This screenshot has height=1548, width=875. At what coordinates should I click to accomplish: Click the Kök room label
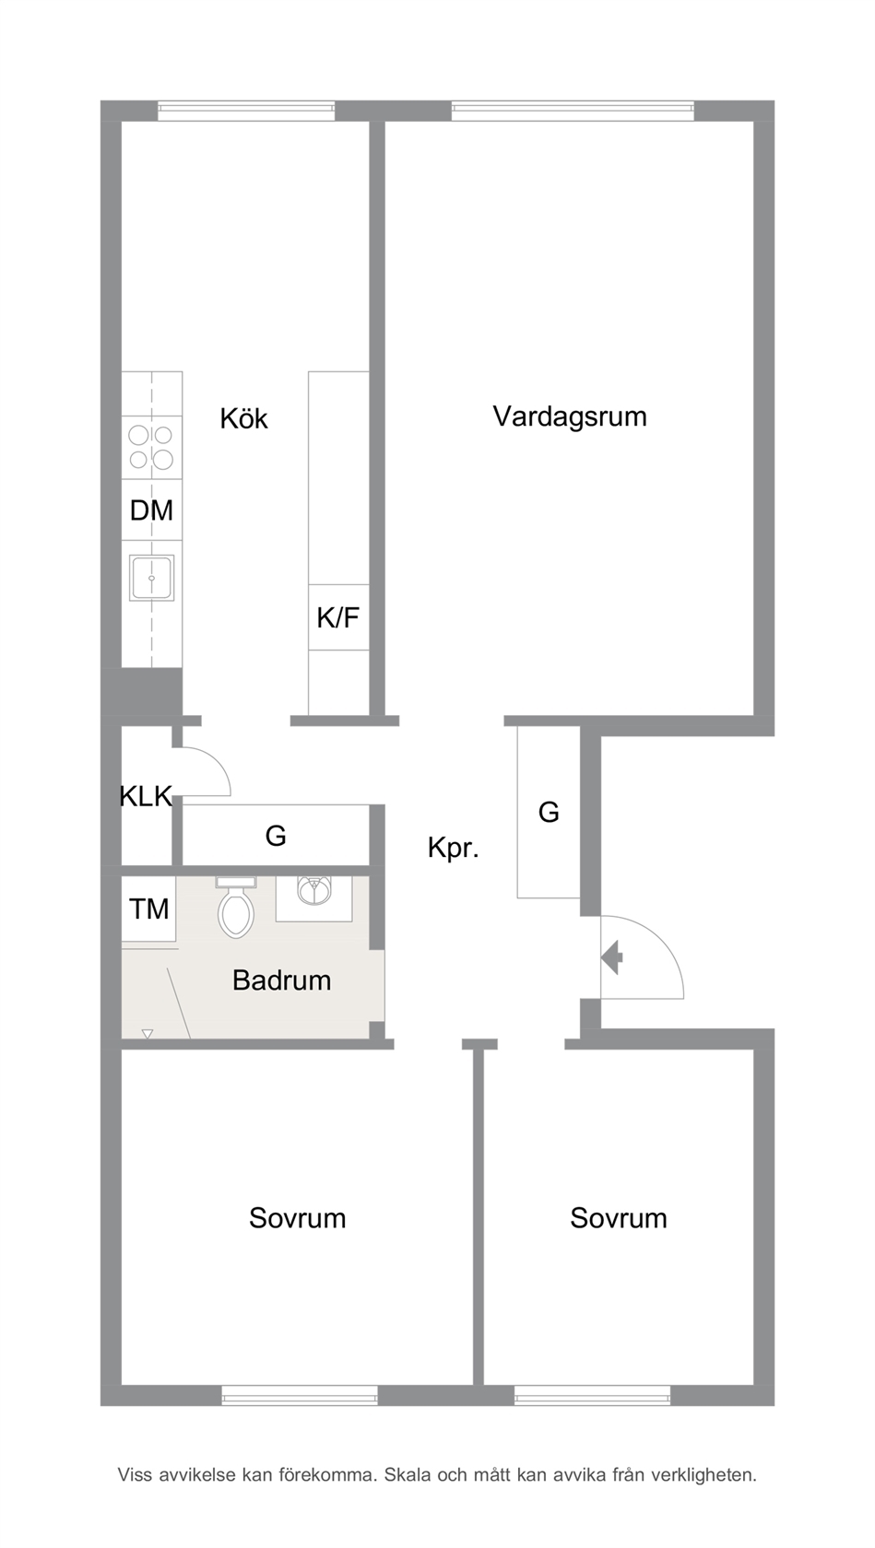[243, 419]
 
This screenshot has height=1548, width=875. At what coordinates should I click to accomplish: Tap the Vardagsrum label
[570, 416]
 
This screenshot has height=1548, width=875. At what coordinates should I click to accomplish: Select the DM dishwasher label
[151, 510]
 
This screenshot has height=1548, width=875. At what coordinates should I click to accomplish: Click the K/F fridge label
[337, 617]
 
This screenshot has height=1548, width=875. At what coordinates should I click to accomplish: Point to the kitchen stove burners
[151, 447]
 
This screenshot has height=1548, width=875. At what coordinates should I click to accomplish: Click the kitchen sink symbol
[151, 578]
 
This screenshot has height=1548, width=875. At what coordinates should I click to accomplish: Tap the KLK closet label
[146, 796]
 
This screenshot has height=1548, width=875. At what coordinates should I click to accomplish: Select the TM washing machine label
[148, 909]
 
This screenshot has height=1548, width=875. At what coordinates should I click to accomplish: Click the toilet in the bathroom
[236, 910]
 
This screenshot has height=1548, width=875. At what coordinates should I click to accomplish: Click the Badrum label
[281, 980]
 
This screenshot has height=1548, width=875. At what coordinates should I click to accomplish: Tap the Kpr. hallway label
[453, 848]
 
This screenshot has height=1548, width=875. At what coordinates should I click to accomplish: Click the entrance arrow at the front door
[612, 957]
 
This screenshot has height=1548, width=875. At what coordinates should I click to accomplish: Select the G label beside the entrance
[549, 813]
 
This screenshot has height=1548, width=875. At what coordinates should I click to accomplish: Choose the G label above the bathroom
[276, 836]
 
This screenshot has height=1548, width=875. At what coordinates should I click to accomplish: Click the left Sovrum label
[297, 1218]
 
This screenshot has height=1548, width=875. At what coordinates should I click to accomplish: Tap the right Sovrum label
[618, 1218]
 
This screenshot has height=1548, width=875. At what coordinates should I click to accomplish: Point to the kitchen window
[246, 111]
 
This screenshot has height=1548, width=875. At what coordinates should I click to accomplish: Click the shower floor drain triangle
[147, 1034]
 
